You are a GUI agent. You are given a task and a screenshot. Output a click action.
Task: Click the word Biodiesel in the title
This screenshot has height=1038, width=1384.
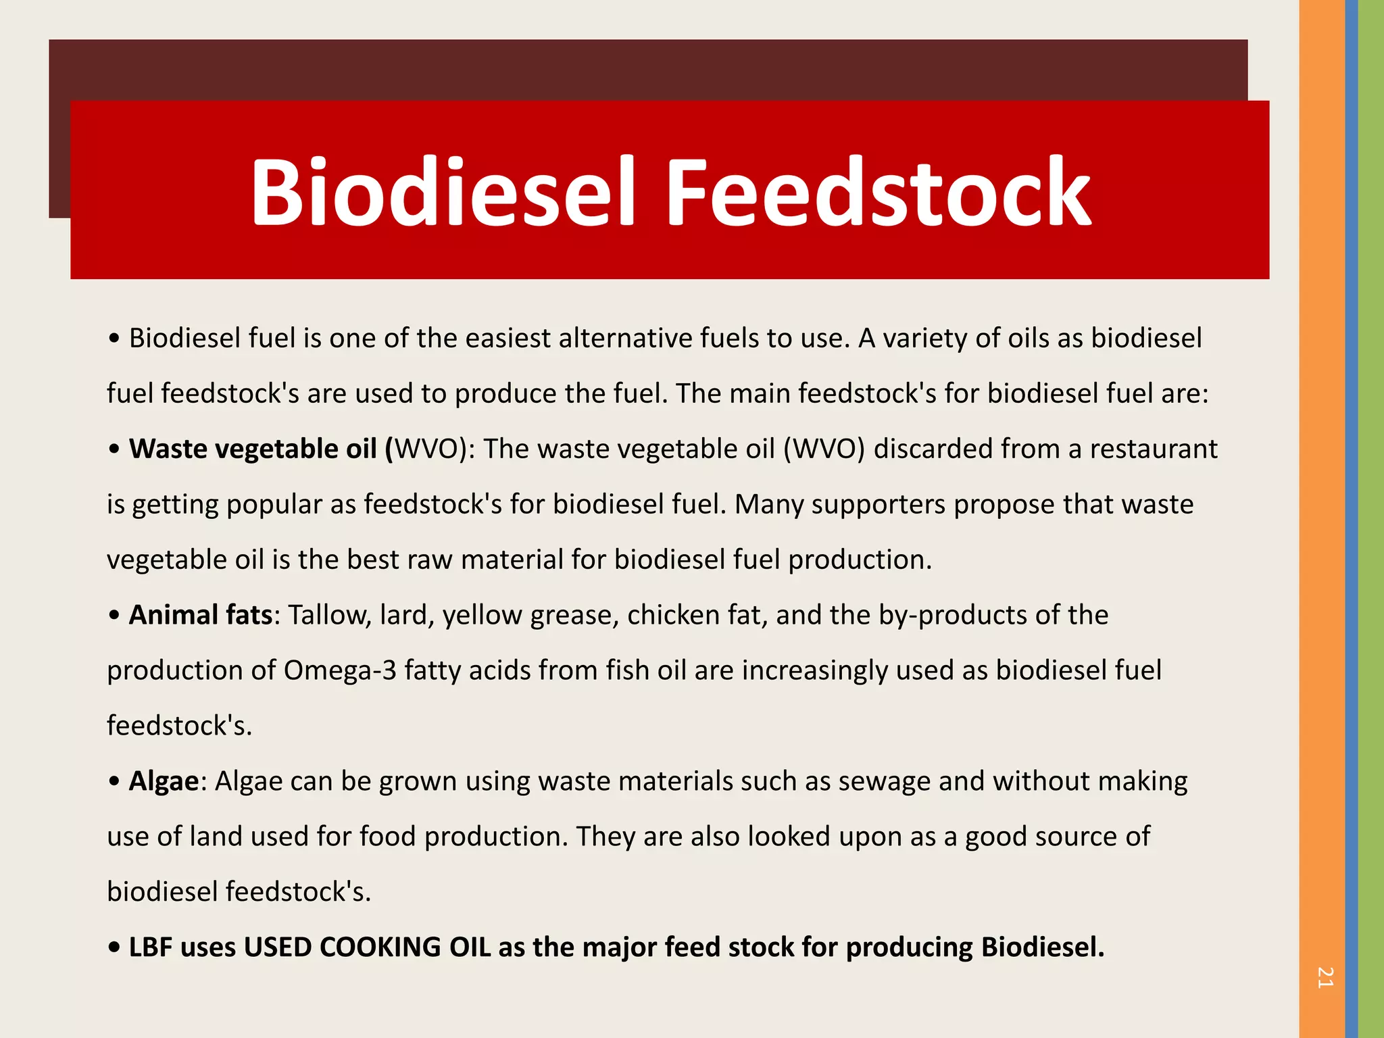click(x=443, y=192)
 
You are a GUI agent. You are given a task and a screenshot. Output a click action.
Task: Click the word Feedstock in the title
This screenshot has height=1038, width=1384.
click(x=879, y=192)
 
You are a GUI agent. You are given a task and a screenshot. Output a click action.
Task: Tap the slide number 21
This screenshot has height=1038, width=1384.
click(x=1325, y=977)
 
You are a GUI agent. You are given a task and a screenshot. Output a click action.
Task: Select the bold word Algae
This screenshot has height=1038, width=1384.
click(x=164, y=781)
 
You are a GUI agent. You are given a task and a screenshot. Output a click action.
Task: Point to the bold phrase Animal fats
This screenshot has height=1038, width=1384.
click(x=200, y=615)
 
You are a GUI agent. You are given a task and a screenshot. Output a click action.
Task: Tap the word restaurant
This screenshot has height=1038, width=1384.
click(x=1154, y=449)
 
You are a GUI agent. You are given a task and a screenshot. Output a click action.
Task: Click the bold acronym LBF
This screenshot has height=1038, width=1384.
click(x=151, y=947)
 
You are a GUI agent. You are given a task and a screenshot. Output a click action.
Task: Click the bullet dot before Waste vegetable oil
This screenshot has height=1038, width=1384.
click(x=114, y=449)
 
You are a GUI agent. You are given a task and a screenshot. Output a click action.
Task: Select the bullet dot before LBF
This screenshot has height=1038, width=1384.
click(x=114, y=947)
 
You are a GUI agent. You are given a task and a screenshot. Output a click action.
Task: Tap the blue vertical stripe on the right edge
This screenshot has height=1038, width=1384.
click(x=1352, y=519)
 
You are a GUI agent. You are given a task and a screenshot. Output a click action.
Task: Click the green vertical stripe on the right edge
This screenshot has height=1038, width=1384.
click(x=1371, y=519)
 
